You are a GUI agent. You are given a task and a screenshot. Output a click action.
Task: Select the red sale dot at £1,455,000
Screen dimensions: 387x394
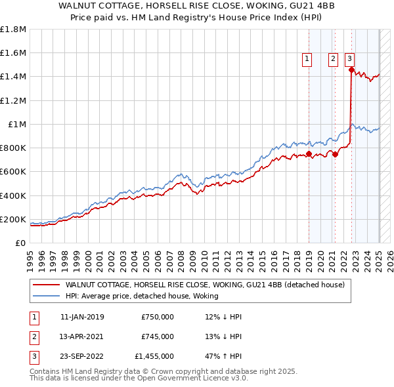click(351, 70)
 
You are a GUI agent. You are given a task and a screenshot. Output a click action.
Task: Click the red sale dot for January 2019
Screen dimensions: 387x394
click(309, 154)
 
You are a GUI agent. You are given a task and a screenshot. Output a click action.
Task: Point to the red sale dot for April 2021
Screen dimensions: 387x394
click(335, 155)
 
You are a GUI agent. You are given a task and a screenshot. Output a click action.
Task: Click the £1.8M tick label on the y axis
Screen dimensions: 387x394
click(13, 30)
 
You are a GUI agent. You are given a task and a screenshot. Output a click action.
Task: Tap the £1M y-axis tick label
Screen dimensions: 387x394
click(16, 125)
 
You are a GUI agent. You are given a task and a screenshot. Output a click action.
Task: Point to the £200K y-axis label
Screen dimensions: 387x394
click(13, 219)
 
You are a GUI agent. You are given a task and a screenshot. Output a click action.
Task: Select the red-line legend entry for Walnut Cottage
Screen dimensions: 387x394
click(209, 285)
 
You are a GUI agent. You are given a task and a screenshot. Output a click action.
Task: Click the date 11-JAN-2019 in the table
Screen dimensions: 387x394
click(82, 317)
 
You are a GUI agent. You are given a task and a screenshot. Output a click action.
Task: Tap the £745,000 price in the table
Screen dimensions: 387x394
click(158, 336)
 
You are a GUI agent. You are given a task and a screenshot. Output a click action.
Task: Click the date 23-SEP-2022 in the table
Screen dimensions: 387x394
click(82, 356)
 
